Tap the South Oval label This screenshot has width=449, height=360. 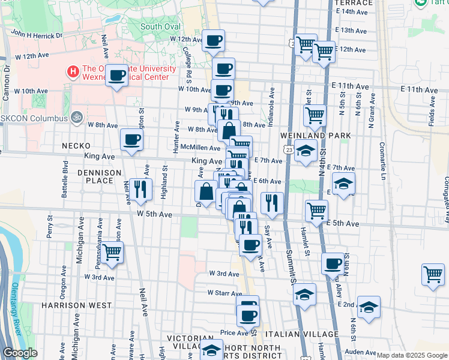pyautogui.click(x=160, y=26)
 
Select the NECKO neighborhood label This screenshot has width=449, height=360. pyautogui.click(x=76, y=146)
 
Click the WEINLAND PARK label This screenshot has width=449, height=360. pyautogui.click(x=316, y=136)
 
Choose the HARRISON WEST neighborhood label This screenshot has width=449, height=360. pyautogui.click(x=76, y=305)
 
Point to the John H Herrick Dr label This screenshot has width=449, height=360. pyautogui.click(x=37, y=35)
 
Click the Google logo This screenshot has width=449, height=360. pyautogui.click(x=20, y=353)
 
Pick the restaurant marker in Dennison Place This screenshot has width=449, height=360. pyautogui.click(x=139, y=188)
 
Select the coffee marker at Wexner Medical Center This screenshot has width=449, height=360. pyautogui.click(x=118, y=75)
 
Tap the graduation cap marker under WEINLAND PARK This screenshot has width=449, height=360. pyautogui.click(x=306, y=151)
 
